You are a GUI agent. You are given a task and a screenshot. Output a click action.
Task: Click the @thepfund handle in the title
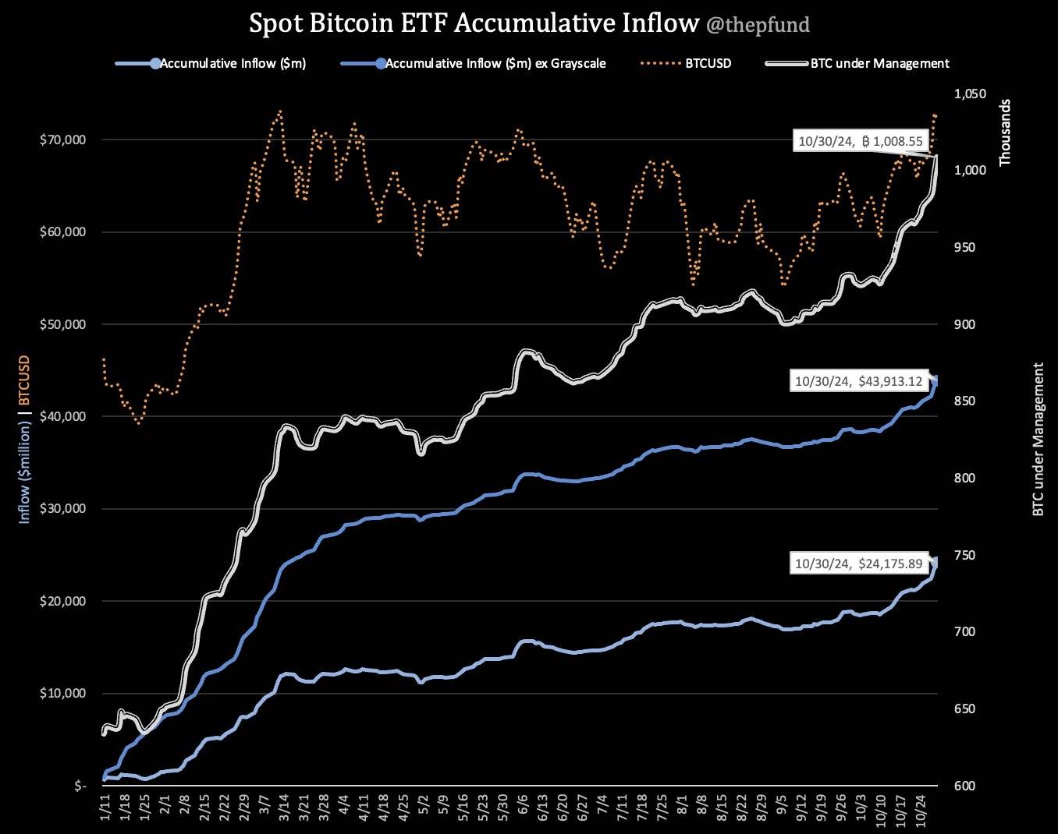point(758,25)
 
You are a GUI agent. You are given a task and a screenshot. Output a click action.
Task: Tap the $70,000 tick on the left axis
point(62,140)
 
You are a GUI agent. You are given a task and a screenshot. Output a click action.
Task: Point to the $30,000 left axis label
point(62,509)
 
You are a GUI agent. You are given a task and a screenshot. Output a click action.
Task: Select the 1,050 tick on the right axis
point(970,94)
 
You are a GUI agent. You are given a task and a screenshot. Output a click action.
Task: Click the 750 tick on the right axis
point(964,556)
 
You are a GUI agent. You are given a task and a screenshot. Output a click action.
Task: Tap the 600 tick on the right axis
point(964,786)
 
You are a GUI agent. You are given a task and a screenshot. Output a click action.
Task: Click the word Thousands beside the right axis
point(1005,131)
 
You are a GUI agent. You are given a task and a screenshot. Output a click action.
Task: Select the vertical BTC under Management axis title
point(1038,439)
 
